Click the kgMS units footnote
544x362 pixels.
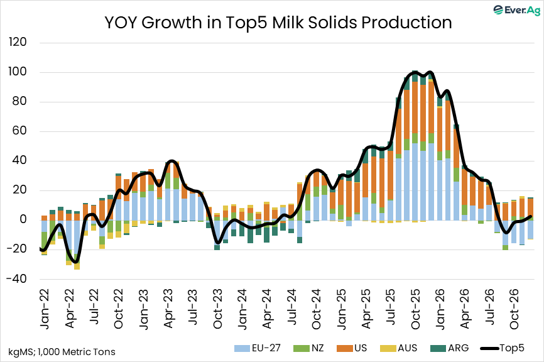coord(62,351)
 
